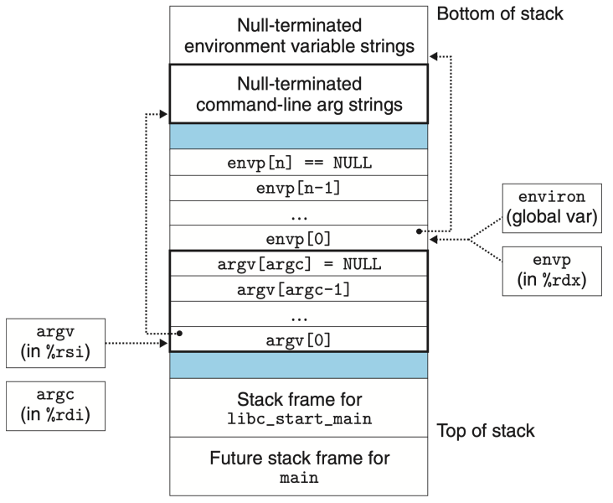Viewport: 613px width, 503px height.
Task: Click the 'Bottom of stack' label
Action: click(500, 14)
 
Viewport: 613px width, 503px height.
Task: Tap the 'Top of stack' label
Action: click(486, 431)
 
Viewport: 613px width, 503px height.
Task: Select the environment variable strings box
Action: click(300, 35)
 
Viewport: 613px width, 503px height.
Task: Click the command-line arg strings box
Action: click(300, 94)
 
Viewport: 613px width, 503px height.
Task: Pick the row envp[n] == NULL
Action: click(300, 163)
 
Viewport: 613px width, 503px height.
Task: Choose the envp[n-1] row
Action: click(300, 188)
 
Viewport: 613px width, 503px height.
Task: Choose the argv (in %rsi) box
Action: click(55, 343)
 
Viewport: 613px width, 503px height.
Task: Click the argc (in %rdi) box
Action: click(55, 406)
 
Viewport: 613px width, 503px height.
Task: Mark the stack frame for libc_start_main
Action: click(300, 407)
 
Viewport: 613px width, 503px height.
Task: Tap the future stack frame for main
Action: click(300, 468)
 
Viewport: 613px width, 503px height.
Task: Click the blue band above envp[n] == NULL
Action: click(300, 136)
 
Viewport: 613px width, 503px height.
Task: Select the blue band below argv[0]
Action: click(300, 366)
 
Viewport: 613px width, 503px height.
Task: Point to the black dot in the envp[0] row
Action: click(416, 231)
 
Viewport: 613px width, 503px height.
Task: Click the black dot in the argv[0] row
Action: click(181, 333)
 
